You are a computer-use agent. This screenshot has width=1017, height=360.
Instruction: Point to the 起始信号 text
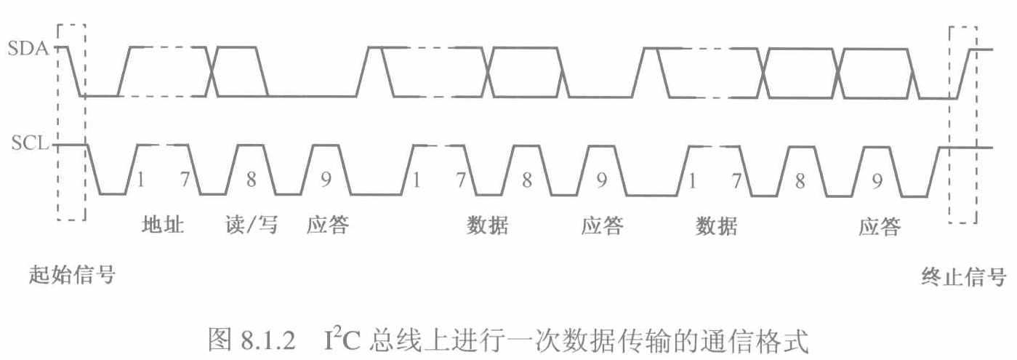tap(72, 275)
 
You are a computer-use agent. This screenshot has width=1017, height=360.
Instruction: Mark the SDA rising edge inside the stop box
tap(962, 71)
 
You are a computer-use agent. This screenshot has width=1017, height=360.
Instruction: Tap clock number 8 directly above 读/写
tap(251, 180)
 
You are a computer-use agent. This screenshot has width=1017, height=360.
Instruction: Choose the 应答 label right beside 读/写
tap(327, 225)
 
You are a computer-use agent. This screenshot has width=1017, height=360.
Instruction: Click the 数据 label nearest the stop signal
tap(717, 226)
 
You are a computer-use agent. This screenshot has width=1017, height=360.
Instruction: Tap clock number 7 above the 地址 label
tap(185, 180)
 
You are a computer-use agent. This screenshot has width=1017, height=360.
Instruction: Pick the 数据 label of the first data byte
tap(487, 226)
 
